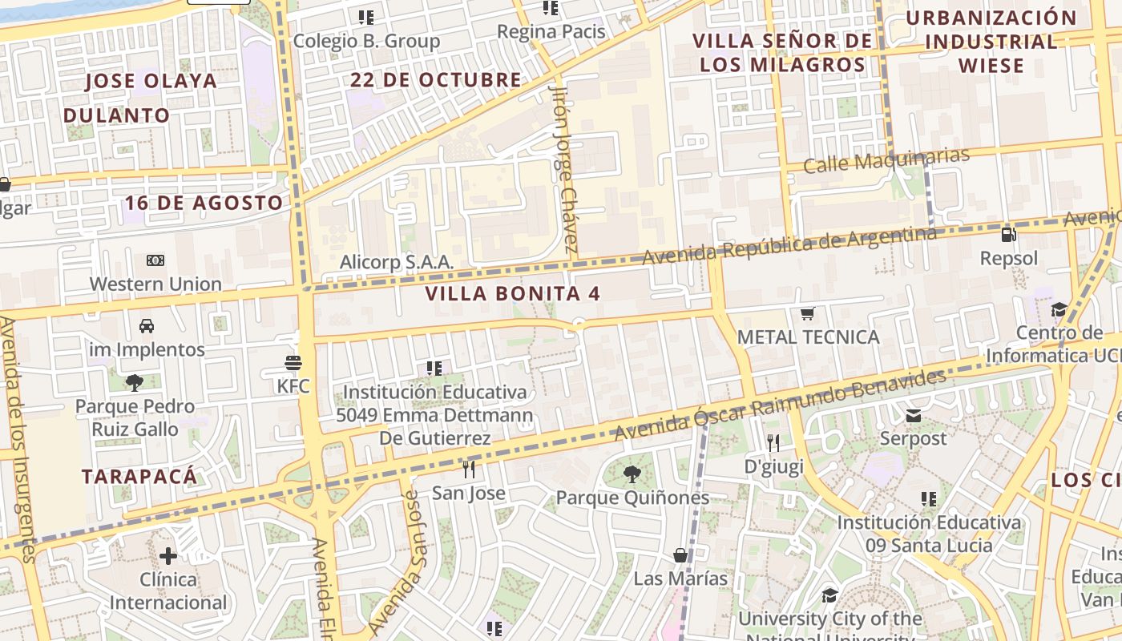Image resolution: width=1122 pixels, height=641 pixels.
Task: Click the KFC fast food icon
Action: pyautogui.click(x=293, y=363)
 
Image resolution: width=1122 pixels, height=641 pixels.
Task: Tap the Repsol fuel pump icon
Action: pyautogui.click(x=1009, y=235)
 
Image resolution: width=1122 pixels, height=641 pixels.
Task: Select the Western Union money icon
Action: pyautogui.click(x=155, y=260)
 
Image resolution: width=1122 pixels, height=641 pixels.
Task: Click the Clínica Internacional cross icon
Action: pyautogui.click(x=168, y=555)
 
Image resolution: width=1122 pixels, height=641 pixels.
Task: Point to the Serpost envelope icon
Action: pyautogui.click(x=913, y=415)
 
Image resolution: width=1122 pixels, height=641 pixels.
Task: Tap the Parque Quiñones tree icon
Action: pyautogui.click(x=632, y=474)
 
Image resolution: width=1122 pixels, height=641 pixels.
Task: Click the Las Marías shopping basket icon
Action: pyautogui.click(x=680, y=554)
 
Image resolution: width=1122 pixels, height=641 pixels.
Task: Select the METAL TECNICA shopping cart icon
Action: pyautogui.click(x=808, y=313)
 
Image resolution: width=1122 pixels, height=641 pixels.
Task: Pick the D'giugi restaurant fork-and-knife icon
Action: pyautogui.click(x=773, y=442)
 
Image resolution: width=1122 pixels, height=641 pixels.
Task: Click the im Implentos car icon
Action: pyautogui.click(x=147, y=326)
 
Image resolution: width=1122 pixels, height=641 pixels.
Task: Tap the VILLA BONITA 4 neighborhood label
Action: pyautogui.click(x=513, y=293)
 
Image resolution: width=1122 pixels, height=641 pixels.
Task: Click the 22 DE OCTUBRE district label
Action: pyautogui.click(x=436, y=80)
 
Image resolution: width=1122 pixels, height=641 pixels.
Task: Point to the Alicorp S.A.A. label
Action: pyautogui.click(x=397, y=262)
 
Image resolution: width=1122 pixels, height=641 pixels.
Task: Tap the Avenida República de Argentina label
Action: pyautogui.click(x=789, y=244)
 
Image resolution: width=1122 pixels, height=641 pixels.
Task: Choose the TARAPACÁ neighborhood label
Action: pyautogui.click(x=139, y=477)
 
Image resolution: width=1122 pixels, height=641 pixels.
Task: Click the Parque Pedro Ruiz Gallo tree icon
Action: pyautogui.click(x=134, y=383)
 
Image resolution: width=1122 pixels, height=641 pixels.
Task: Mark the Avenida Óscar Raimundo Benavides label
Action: pyautogui.click(x=780, y=405)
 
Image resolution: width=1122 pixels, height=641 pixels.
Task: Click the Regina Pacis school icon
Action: pyautogui.click(x=551, y=9)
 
